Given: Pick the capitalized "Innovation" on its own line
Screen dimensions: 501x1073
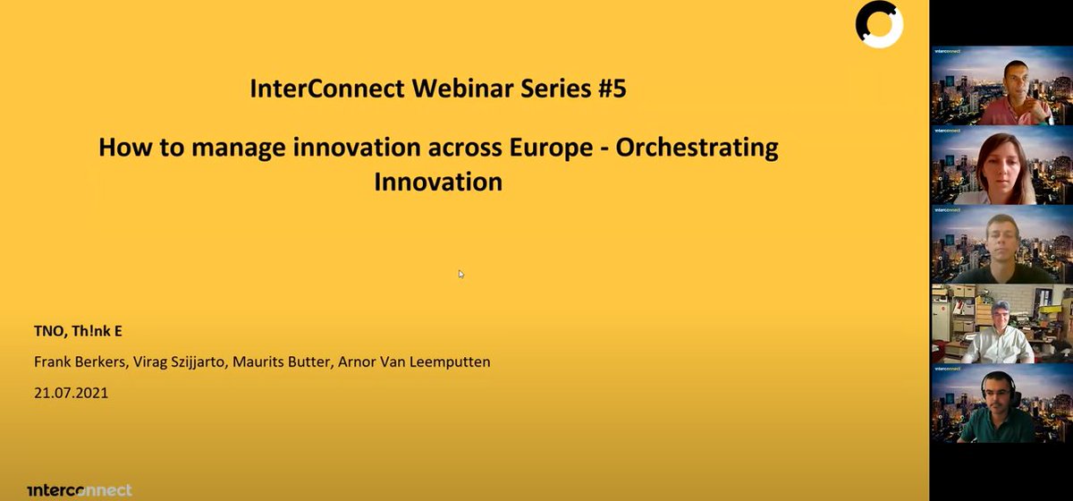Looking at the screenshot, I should (x=438, y=182).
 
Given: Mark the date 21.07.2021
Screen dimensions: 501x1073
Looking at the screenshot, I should (x=71, y=392).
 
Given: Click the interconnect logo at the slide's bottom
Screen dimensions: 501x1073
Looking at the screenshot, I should (x=80, y=489).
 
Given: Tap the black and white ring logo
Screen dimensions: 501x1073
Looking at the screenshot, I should (x=878, y=24).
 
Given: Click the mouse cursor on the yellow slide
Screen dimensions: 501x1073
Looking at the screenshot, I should (x=461, y=275).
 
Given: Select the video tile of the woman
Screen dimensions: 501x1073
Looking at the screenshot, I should (x=1001, y=166).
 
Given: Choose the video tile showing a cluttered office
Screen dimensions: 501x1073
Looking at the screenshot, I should (x=1001, y=324).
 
